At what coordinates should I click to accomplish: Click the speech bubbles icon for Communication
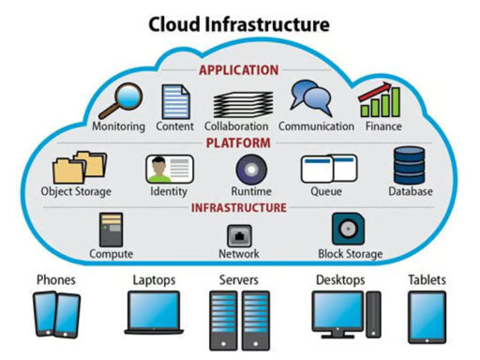tap(309, 97)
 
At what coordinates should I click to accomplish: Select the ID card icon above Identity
tap(169, 169)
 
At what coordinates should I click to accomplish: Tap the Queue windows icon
tap(328, 169)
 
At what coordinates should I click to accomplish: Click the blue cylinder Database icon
tap(410, 165)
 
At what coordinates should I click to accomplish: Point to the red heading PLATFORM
tap(239, 143)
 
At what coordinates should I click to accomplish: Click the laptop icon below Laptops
tap(153, 311)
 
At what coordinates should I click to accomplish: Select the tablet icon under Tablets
tap(427, 315)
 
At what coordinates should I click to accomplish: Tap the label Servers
tap(239, 279)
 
